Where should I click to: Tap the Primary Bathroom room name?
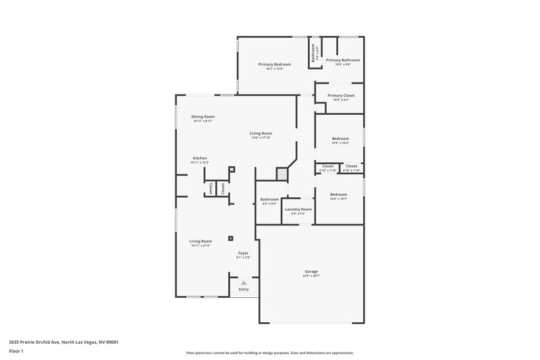pyautogui.click(x=343, y=60)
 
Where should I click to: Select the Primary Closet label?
pyautogui.click(x=341, y=95)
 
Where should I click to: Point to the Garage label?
pyautogui.click(x=311, y=272)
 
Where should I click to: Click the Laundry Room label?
pyautogui.click(x=298, y=209)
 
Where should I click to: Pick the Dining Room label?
pyautogui.click(x=202, y=117)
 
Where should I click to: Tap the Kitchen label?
pyautogui.click(x=200, y=158)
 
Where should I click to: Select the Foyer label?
pyautogui.click(x=243, y=253)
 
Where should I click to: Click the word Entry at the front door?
pyautogui.click(x=244, y=290)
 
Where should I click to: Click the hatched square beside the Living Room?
pyautogui.click(x=281, y=174)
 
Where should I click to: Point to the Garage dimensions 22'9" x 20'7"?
pyautogui.click(x=311, y=276)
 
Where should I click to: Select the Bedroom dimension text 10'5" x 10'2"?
pyautogui.click(x=340, y=143)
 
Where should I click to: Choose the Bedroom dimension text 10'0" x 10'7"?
pyautogui.click(x=339, y=199)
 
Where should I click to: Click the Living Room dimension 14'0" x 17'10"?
pyautogui.click(x=261, y=138)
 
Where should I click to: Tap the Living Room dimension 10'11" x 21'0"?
pyautogui.click(x=200, y=246)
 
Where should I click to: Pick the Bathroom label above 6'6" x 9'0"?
pyautogui.click(x=269, y=199)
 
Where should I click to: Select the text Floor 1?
pyautogui.click(x=16, y=351)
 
